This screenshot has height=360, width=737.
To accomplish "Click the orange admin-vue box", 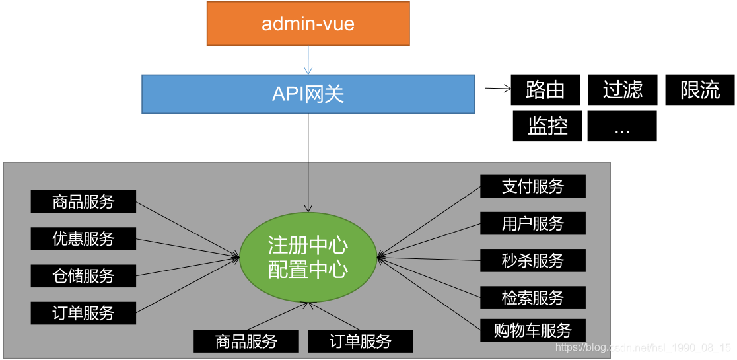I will point(308,24).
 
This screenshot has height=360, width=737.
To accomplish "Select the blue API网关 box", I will point(308,93).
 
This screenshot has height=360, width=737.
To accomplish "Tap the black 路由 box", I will point(545,90).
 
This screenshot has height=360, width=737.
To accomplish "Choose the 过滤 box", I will point(622,90).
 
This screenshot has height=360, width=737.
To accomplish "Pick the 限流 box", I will point(699,90).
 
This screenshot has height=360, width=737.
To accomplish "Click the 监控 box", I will point(547,126).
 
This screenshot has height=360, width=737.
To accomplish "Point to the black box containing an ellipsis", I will point(622,126).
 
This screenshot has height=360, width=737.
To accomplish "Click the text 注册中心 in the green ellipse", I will point(308,245).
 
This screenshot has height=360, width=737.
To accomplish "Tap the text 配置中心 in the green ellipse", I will point(308,270).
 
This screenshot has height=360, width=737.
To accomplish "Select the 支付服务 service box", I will point(533,186).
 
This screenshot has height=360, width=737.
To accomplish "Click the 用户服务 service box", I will point(533,223).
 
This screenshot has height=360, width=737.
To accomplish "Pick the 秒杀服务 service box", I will point(533,260).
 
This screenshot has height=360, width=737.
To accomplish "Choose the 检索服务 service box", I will point(533,297).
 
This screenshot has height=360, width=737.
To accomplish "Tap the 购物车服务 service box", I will point(533,330).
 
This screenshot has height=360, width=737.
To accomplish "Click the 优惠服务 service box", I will point(83,238).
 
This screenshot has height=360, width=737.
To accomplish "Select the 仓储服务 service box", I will point(83,275).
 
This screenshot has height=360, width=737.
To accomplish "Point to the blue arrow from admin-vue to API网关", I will point(308,60).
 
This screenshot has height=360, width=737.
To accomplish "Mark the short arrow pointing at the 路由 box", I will point(498,88).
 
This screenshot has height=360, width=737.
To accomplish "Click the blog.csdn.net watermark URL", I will point(643,347).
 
